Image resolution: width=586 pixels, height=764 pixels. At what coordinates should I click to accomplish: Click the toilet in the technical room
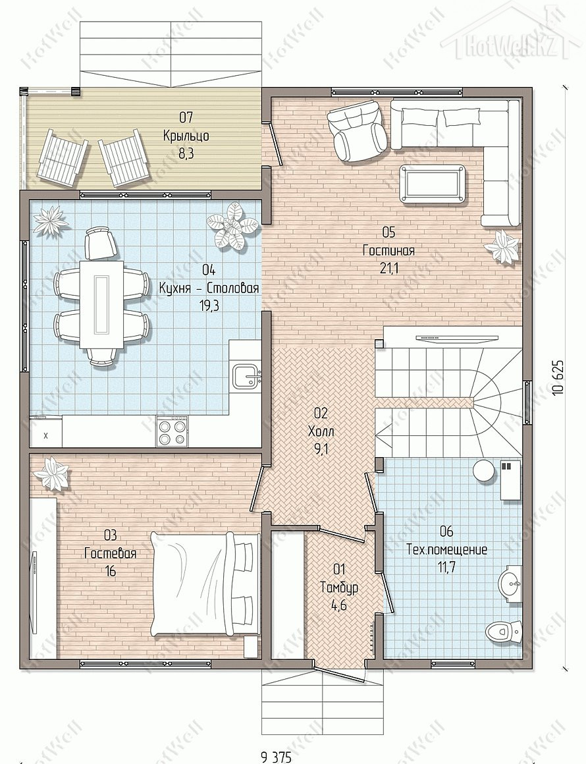coord(504,632)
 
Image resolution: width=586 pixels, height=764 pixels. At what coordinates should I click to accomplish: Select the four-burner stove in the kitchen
coord(171,431)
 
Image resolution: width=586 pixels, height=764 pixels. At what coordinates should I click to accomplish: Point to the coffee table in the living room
coord(432,182)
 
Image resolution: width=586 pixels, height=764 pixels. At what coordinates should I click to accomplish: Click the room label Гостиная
coord(388,251)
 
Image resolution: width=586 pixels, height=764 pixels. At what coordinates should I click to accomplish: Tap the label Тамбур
coord(339,587)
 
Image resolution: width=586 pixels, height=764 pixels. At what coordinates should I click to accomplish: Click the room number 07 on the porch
coord(186,117)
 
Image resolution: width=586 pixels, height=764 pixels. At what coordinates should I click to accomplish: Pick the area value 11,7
coord(446,568)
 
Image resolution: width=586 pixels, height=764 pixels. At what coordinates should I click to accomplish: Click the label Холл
coord(321,431)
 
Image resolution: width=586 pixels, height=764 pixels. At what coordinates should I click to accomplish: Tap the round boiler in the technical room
coord(485,470)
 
